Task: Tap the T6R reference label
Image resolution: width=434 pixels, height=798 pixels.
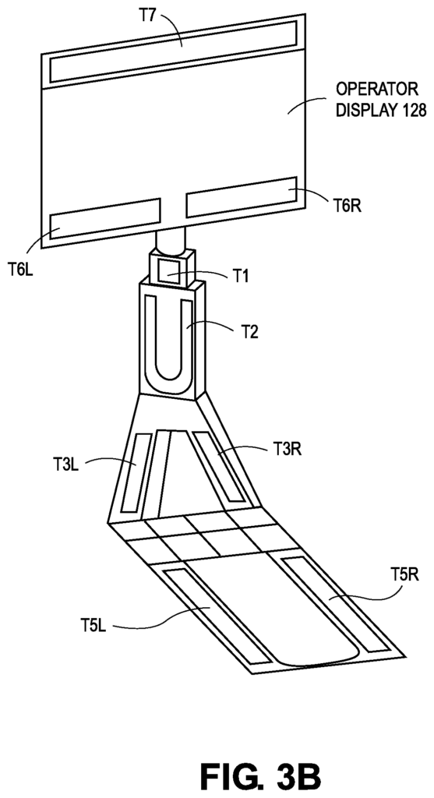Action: coord(348,206)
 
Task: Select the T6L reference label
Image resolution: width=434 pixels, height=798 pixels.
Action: coord(21,268)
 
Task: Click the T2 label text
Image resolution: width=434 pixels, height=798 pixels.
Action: coord(249,332)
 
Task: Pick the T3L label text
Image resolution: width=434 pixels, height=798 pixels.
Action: coord(65,464)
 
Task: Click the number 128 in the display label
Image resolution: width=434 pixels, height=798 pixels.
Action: coord(412,111)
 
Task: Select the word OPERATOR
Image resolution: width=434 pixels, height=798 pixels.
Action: coord(377,89)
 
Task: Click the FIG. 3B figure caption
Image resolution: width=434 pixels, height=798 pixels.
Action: coord(260,777)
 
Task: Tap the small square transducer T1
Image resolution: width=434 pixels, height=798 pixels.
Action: coord(168,270)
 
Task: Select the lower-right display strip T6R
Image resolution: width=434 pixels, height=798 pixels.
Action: coord(242,197)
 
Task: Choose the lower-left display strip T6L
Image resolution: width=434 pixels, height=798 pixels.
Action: coord(105,217)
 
